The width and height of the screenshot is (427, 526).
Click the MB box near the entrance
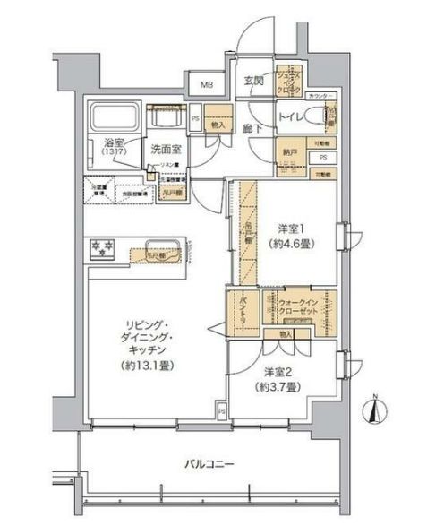206,86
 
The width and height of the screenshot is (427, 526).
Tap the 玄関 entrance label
253,81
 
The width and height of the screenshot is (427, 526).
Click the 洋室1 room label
286,227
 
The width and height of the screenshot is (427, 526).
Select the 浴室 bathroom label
112,142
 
